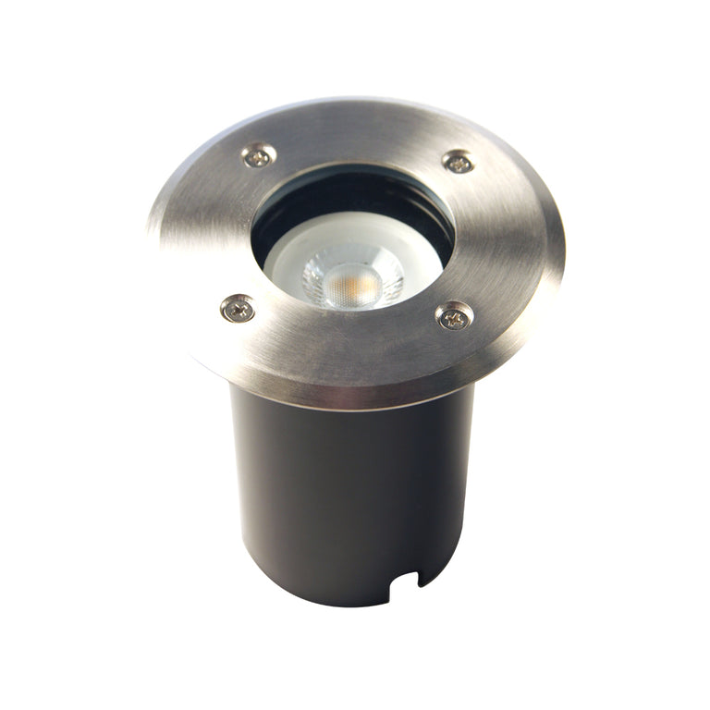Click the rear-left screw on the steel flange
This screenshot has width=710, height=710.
pos(258,156)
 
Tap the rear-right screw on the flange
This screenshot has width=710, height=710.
pos(458,162)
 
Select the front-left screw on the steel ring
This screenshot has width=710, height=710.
pos(239,308)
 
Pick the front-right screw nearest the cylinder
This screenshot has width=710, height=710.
pos(454,316)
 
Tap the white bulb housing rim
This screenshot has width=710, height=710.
pos(287,263)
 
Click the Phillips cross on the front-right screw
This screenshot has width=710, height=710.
pos(454,316)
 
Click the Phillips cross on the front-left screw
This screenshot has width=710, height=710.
pos(239,308)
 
